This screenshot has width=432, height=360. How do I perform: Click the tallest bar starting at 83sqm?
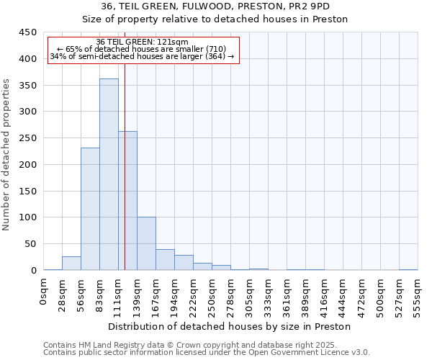pyautogui.click(x=109, y=174)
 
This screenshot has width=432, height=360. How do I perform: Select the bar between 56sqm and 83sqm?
pyautogui.click(x=90, y=209)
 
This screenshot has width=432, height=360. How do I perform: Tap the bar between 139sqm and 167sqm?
pyautogui.click(x=146, y=243)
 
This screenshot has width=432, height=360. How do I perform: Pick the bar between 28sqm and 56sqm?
pyautogui.click(x=71, y=264)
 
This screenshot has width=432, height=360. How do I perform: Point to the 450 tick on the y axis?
pyautogui.click(x=29, y=32)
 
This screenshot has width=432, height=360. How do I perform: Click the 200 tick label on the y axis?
pyautogui.click(x=29, y=165)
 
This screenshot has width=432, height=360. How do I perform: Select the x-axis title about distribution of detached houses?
pyautogui.click(x=230, y=326)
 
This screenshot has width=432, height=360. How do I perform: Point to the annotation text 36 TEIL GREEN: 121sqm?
pyautogui.click(x=142, y=42)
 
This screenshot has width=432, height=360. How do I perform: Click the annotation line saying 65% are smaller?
pyautogui.click(x=142, y=49)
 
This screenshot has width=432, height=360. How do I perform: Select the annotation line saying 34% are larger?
pyautogui.click(x=142, y=56)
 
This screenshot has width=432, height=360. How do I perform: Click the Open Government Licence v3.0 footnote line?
pyautogui.click(x=207, y=352)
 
